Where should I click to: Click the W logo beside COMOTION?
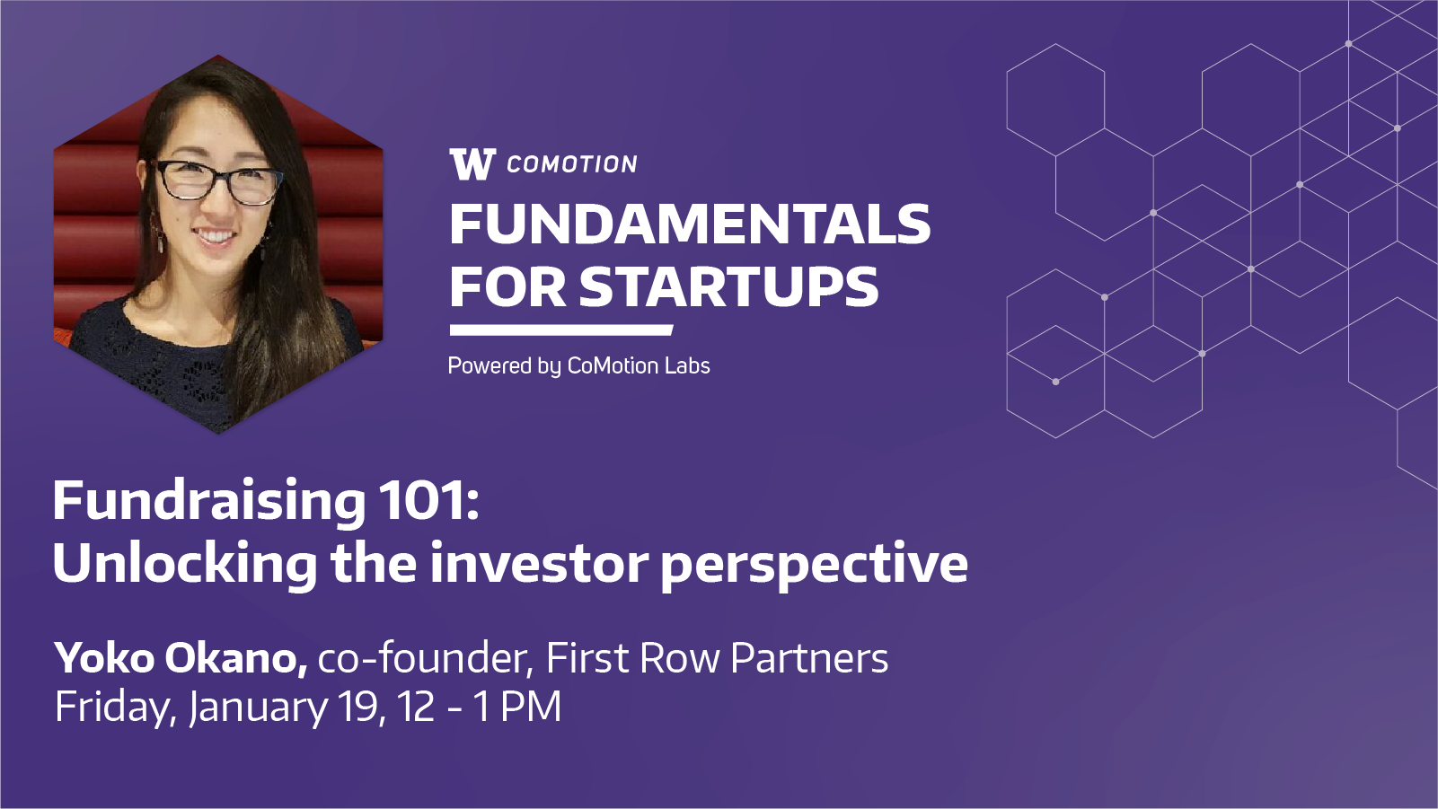pos(472,164)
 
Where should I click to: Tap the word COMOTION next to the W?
pos(571,165)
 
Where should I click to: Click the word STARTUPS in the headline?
pos(728,286)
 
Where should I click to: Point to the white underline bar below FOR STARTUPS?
pos(561,330)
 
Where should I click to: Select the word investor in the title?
pos(539,563)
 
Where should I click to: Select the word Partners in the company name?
pos(809,658)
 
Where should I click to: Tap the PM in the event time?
pos(530,707)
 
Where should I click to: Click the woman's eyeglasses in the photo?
pos(217,180)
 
